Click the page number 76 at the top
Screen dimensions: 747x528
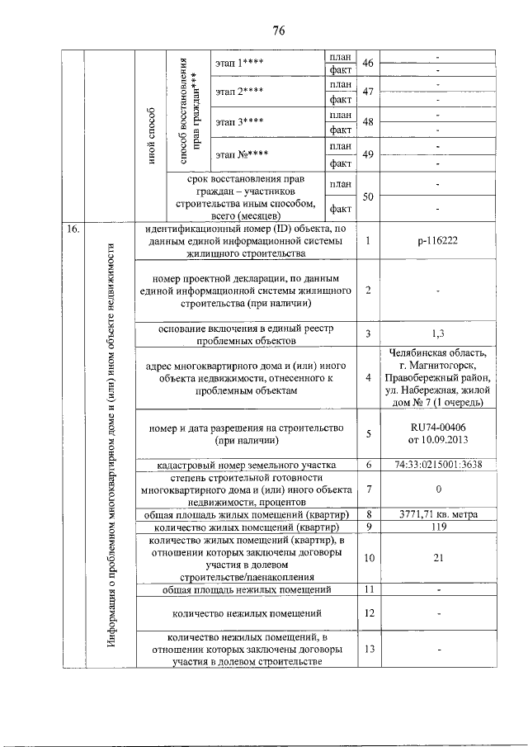(278, 31)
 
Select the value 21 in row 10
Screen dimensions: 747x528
(438, 558)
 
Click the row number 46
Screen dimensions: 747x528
(368, 64)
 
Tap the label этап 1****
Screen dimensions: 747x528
(239, 64)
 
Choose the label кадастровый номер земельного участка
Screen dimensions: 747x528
(245, 466)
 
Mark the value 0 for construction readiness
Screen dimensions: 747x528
(438, 489)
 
